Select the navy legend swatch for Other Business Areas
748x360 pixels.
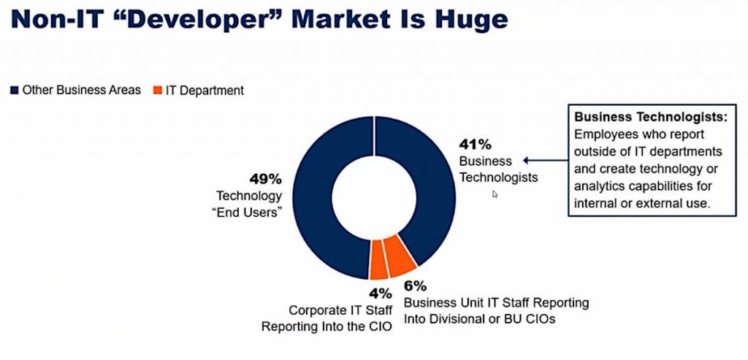point(15,91)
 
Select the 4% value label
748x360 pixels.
point(380,294)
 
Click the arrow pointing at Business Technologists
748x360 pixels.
point(545,161)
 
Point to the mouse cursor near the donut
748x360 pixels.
point(495,194)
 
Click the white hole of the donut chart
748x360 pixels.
point(373,197)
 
